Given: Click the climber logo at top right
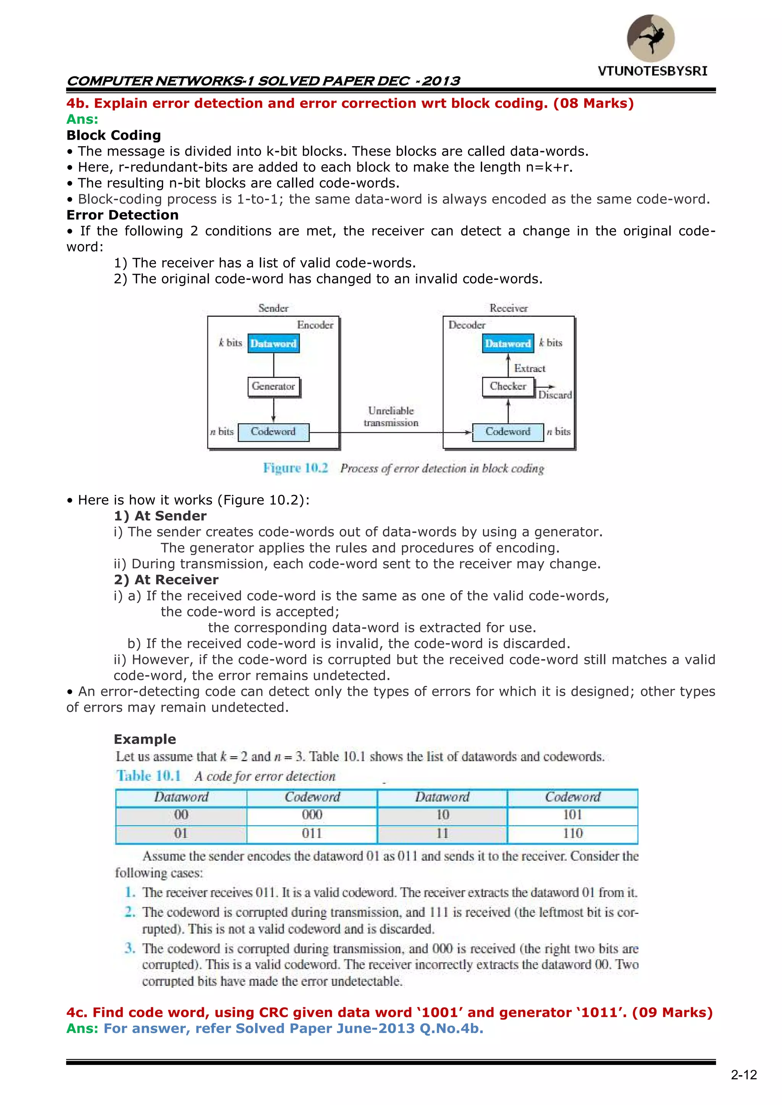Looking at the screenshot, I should [x=651, y=38].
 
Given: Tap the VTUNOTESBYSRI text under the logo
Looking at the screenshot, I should [x=653, y=71].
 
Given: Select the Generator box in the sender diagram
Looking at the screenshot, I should [x=273, y=386].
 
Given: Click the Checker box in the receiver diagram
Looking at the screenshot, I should [x=508, y=386].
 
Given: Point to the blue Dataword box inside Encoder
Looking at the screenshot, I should [x=273, y=344].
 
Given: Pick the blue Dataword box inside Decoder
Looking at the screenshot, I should [x=508, y=344].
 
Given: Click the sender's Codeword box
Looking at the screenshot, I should [x=273, y=432].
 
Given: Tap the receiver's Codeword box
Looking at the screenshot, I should [x=508, y=432].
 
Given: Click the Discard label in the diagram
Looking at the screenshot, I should [x=555, y=395].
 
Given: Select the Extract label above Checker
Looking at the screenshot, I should [x=530, y=369].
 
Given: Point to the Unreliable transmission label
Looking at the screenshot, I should [x=391, y=417].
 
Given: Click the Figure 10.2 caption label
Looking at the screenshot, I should [x=295, y=468].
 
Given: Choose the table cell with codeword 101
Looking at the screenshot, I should [x=572, y=815].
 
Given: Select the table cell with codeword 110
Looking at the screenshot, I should [x=572, y=834].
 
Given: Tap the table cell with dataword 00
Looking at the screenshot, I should [x=181, y=815].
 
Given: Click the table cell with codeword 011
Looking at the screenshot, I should [x=312, y=834].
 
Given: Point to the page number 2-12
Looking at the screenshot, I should [x=744, y=1075].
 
